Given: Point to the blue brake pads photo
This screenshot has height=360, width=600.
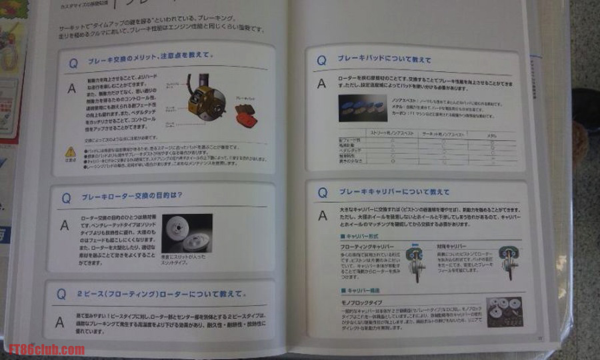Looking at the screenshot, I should coord(363,107).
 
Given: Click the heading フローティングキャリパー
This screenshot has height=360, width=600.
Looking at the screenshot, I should coord(363,246).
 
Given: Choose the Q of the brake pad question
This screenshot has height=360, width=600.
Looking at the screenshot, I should coord(321,59).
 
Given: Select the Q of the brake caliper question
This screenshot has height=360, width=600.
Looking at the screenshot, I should coord(322,193).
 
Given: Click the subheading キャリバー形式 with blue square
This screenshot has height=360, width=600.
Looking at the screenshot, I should coord(360,236).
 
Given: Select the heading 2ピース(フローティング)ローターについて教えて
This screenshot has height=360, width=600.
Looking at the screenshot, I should coord(162,293).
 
